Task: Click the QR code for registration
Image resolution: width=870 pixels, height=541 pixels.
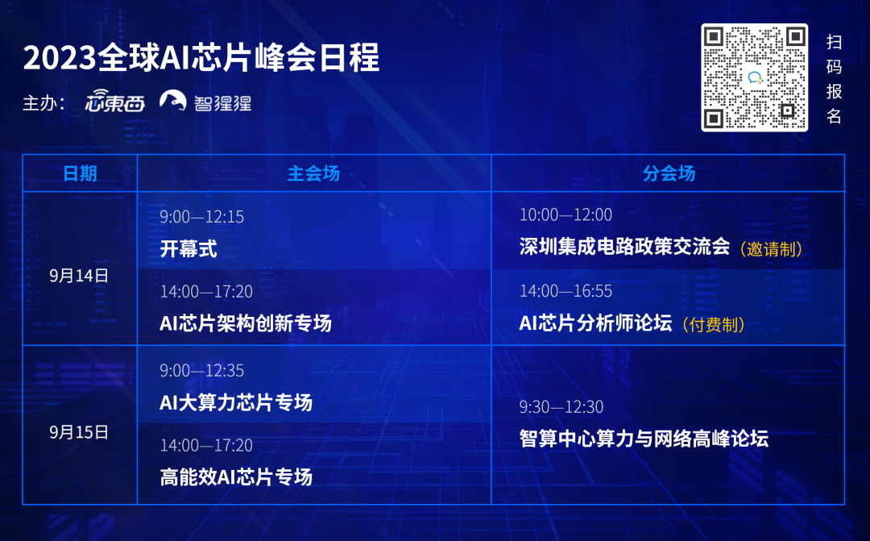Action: (x=754, y=77)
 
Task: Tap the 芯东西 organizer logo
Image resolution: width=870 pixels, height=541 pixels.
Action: (x=115, y=101)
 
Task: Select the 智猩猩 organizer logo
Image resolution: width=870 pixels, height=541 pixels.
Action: (x=205, y=101)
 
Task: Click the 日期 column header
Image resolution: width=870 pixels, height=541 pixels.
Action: (x=80, y=173)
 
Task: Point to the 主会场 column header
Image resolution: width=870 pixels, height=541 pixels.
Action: (x=313, y=173)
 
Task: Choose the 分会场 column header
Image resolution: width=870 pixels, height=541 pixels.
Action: (x=669, y=173)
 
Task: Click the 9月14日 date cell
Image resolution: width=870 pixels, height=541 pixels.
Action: (x=79, y=276)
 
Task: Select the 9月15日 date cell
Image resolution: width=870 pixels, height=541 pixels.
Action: (x=79, y=432)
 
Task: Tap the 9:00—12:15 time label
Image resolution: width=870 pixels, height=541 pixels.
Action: (x=202, y=217)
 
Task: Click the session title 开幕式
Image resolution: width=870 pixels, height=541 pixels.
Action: (x=188, y=248)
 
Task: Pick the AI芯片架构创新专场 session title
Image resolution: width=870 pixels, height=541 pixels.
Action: (x=245, y=323)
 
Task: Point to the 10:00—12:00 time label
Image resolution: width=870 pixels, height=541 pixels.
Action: (x=566, y=215)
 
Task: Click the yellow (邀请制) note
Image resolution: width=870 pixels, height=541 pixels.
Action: (x=771, y=249)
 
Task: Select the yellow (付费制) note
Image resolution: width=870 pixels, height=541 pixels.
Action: (x=713, y=324)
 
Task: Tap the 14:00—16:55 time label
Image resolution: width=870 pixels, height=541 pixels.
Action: (x=566, y=291)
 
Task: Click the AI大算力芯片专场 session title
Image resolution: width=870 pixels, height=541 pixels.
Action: (x=236, y=402)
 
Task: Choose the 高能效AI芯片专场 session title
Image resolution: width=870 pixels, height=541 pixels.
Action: (x=236, y=477)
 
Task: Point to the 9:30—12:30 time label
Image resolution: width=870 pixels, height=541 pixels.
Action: (x=561, y=407)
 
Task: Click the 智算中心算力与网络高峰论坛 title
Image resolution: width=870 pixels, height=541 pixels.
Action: (x=644, y=439)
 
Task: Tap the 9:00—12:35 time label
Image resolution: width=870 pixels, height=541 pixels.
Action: (x=202, y=371)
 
